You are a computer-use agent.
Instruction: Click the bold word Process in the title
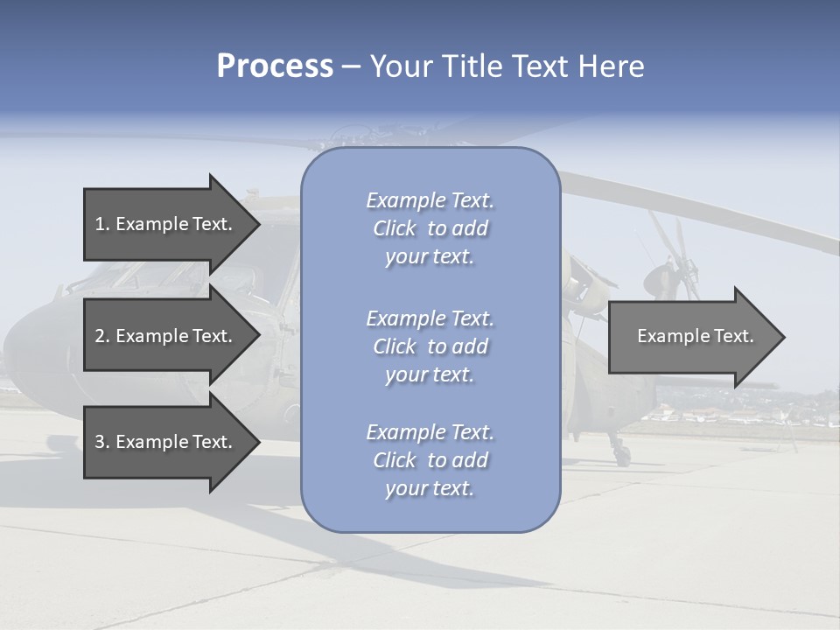[x=275, y=66]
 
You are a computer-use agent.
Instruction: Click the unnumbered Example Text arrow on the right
[x=695, y=336]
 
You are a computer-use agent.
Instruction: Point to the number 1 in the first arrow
[x=101, y=224]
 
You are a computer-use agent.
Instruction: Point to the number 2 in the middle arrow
[x=101, y=336]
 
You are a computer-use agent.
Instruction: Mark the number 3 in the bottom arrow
[x=101, y=442]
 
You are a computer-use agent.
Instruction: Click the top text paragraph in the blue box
[x=430, y=228]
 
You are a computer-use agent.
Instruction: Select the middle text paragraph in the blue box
[x=430, y=346]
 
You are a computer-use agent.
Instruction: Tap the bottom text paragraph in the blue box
[x=430, y=460]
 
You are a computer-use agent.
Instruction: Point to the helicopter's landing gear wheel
[x=620, y=454]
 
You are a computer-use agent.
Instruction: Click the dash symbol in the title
[x=351, y=67]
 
